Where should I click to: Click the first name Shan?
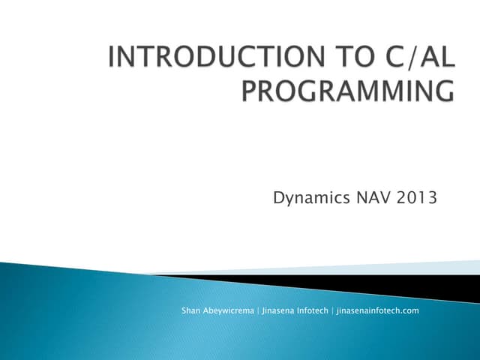point(191,310)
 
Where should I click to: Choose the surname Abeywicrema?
point(229,310)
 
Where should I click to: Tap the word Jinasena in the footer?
point(279,310)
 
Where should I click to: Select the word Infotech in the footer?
point(313,310)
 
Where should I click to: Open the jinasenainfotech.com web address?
point(377,310)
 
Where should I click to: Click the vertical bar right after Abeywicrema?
point(259,310)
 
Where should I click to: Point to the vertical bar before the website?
point(332,310)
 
